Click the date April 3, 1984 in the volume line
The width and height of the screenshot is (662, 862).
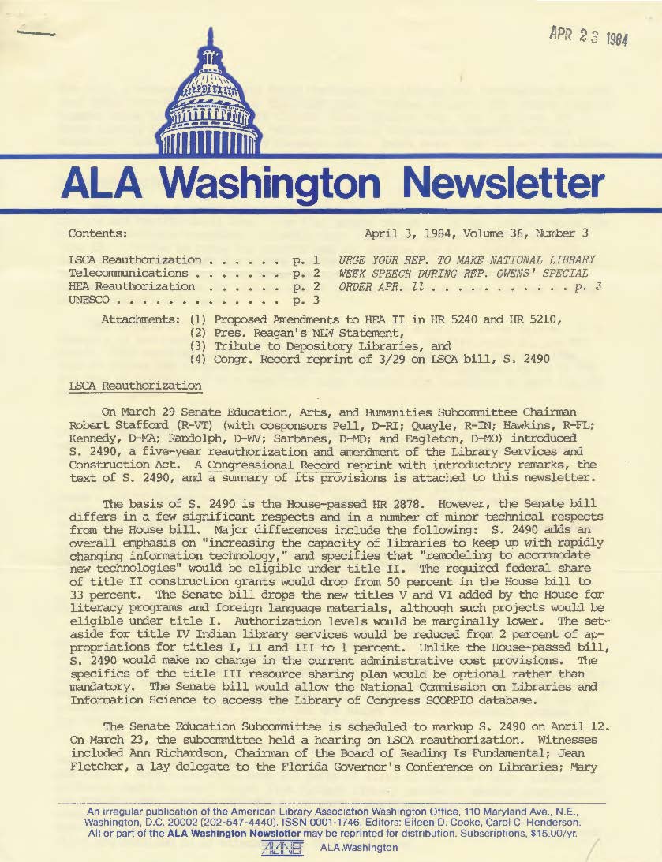pos(406,233)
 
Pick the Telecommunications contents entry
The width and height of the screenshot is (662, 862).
pos(129,272)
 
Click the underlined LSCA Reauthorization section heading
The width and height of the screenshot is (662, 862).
pos(135,386)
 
